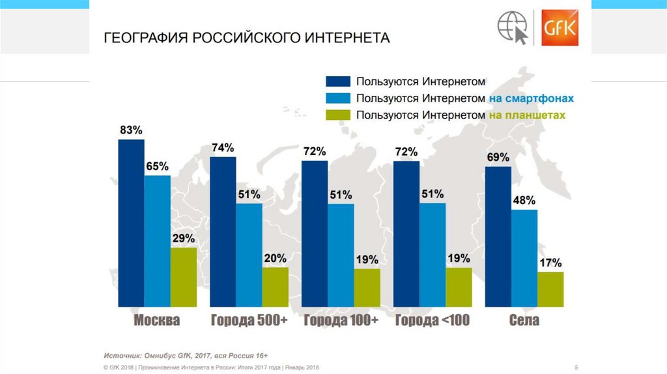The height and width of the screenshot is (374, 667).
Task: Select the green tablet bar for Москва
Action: click(183, 277)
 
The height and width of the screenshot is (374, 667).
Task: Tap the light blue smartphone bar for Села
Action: click(524, 258)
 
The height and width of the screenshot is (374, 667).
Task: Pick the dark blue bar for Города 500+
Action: click(223, 231)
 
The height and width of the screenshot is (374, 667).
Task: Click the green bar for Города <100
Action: click(459, 287)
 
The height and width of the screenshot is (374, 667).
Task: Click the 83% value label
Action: click(131, 130)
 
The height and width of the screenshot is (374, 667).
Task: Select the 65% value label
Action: click(157, 166)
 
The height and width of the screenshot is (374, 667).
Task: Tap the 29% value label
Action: click(184, 238)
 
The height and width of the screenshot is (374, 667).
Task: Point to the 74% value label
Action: click(223, 148)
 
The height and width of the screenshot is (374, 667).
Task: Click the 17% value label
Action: click(550, 263)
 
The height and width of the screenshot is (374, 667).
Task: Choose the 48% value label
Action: click(524, 200)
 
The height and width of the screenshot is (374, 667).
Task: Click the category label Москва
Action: click(156, 321)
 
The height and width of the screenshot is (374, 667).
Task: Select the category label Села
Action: click(524, 321)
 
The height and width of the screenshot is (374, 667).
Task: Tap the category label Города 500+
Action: click(249, 321)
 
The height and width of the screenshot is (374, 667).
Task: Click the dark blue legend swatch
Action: click(337, 81)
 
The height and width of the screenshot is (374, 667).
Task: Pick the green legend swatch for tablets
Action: click(337, 115)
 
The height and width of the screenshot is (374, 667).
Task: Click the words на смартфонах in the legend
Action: click(530, 98)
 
